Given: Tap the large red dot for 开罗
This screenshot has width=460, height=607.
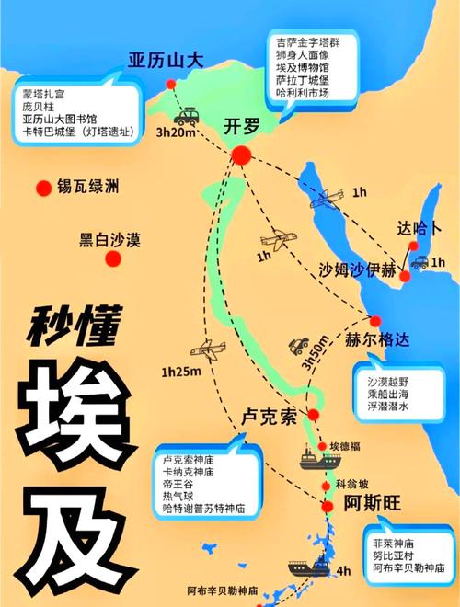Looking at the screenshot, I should (242, 156).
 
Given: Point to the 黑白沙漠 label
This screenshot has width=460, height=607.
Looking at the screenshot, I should (109, 241).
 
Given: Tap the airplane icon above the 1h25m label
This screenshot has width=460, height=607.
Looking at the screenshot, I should (207, 350).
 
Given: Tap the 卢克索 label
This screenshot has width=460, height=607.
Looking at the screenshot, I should (269, 416).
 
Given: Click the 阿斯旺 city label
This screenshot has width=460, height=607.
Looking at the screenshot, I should (371, 504).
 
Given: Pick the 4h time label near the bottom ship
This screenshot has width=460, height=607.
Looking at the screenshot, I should (343, 571).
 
